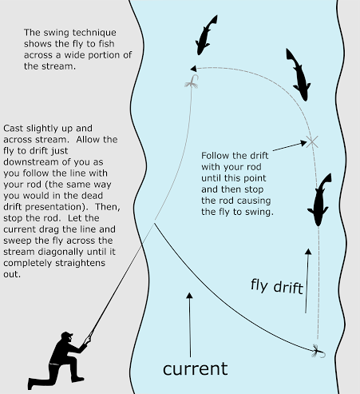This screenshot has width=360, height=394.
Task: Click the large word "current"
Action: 196,369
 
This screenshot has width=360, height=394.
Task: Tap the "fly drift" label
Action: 276,286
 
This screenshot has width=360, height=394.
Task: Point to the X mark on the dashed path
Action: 312,141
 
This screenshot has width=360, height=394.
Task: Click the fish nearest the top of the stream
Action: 206,35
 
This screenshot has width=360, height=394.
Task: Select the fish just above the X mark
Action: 299,75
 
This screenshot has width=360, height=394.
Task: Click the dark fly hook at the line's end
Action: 318,352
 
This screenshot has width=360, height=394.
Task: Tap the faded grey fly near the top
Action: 192,82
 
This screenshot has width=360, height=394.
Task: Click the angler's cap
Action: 66,335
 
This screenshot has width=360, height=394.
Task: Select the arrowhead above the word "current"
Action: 189,296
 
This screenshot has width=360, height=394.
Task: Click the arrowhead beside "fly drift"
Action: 308,252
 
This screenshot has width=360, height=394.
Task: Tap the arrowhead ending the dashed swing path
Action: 193,69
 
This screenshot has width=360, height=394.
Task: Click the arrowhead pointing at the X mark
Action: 303,144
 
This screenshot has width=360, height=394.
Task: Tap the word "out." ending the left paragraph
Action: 12,274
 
